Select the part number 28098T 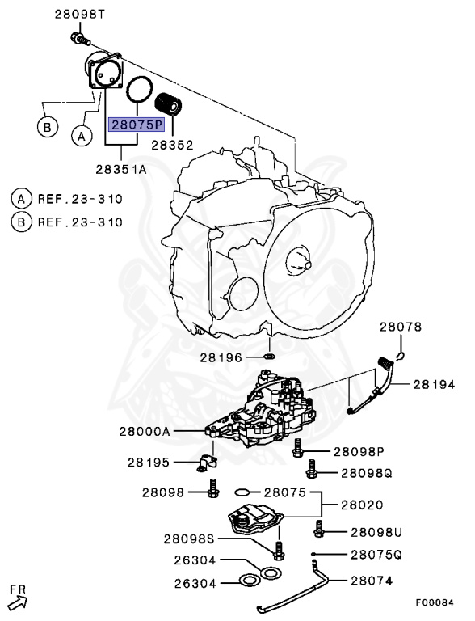coord(79,14)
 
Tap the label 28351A coord(120,169)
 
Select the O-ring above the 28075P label coord(141,88)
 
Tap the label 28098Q coord(366,473)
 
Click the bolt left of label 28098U coord(318,530)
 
